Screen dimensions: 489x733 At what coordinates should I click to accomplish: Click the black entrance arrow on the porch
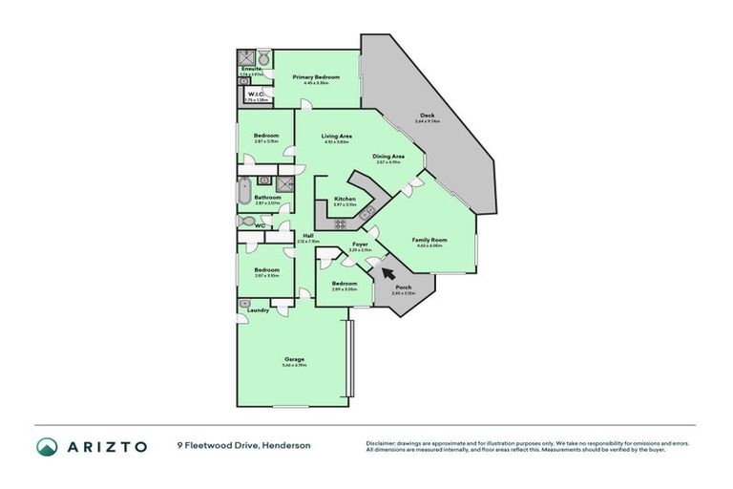[x=388, y=272]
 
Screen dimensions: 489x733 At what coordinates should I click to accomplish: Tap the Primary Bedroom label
[x=311, y=76]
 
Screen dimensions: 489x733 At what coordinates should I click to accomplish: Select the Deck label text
[x=426, y=116]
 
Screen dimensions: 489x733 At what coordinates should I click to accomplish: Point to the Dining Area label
[x=388, y=156]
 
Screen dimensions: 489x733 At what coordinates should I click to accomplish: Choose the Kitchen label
[x=345, y=199]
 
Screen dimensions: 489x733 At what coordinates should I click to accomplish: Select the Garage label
[x=294, y=359]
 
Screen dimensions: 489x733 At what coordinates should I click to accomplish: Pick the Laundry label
[x=257, y=309]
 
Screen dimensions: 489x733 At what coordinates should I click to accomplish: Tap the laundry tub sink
[x=245, y=303]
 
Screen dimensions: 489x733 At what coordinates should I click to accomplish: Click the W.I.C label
[x=256, y=94]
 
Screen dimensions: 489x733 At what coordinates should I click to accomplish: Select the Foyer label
[x=360, y=244]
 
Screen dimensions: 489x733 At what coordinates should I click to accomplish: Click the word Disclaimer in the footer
[x=382, y=443]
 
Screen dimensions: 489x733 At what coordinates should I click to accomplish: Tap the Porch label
[x=403, y=287]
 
